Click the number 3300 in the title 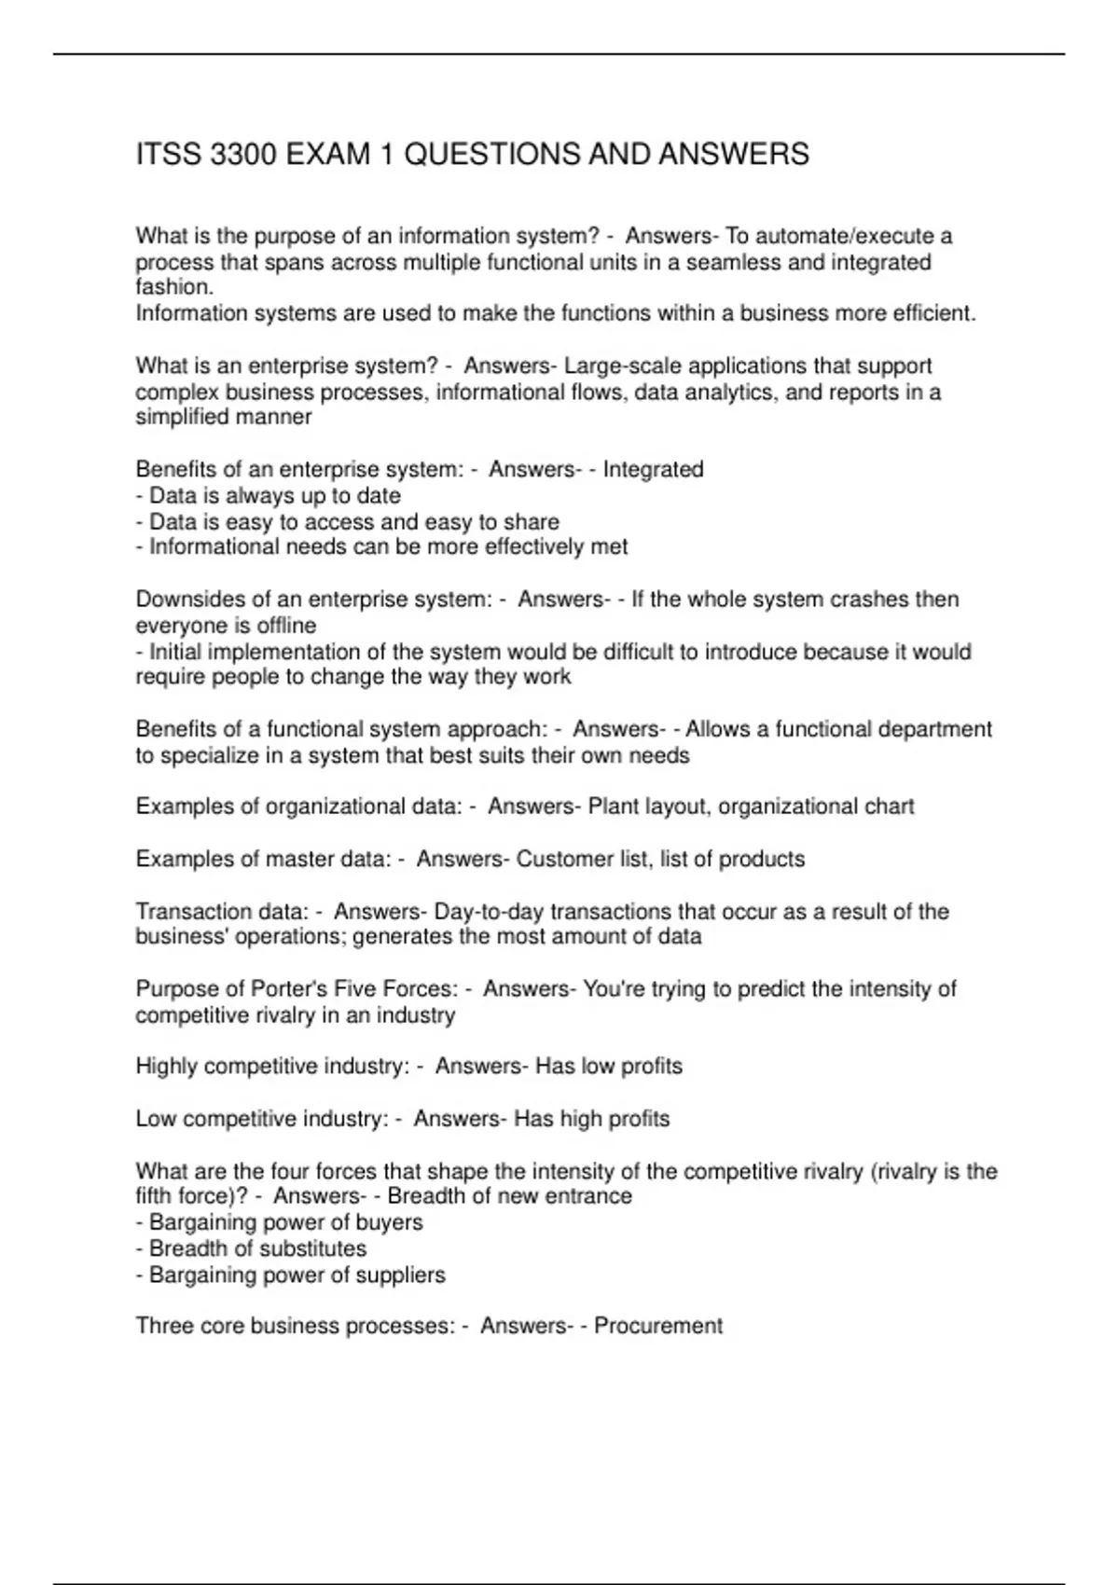click(x=243, y=154)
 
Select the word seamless click(x=734, y=262)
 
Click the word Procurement click(x=658, y=1326)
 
